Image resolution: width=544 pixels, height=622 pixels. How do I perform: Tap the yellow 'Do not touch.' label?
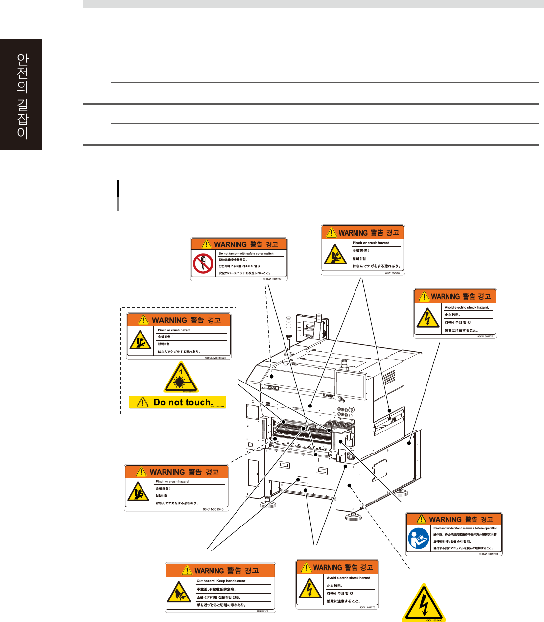(178, 402)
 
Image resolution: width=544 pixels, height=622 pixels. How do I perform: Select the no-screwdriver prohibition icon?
(203, 263)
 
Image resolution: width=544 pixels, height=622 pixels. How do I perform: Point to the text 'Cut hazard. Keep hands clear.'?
(221, 581)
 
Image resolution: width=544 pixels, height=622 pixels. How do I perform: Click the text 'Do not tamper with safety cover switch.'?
(246, 254)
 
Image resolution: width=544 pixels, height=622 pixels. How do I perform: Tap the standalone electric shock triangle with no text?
(424, 604)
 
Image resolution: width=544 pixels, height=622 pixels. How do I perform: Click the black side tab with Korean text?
(21, 95)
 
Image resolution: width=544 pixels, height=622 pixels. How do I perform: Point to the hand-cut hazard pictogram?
(179, 593)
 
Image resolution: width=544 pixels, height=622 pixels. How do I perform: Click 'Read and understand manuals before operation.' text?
(466, 528)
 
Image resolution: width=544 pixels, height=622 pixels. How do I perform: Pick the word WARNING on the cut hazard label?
(209, 571)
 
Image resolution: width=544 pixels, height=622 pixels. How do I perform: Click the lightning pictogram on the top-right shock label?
(427, 318)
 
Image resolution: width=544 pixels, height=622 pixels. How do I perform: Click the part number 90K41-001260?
(272, 279)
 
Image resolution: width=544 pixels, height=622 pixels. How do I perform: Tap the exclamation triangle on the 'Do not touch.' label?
(142, 402)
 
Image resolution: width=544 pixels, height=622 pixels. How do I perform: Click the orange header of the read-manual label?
(454, 519)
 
